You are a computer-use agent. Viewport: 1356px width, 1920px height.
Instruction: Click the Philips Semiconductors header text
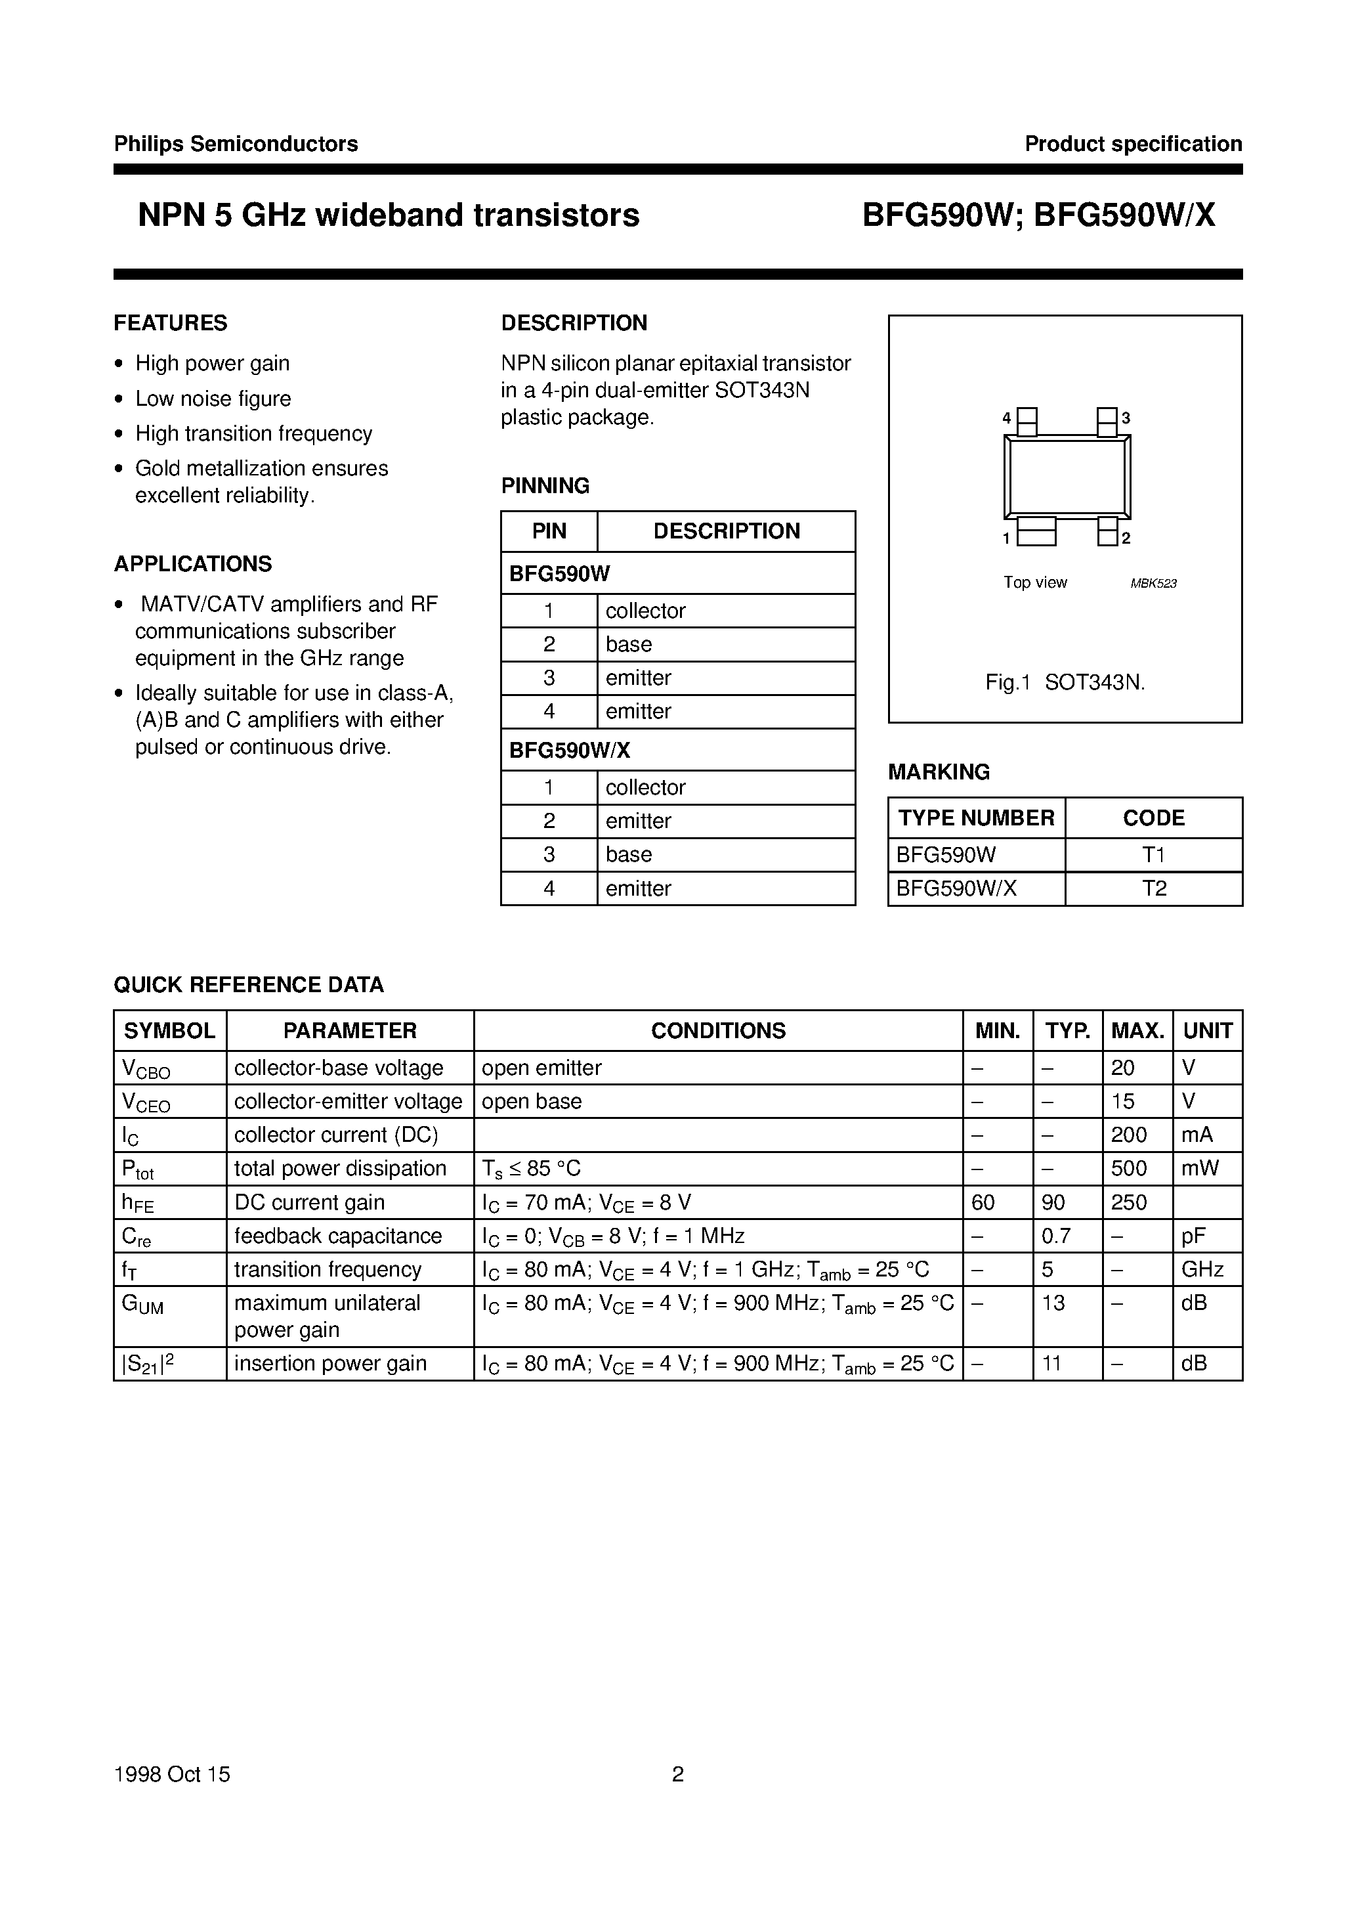[x=236, y=144]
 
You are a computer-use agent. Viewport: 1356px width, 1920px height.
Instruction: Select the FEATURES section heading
[x=171, y=323]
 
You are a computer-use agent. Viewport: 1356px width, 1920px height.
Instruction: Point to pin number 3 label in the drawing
[x=1126, y=418]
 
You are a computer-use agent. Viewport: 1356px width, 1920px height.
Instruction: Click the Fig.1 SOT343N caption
[x=1064, y=682]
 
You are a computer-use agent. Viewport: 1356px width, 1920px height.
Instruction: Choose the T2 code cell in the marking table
[x=1154, y=888]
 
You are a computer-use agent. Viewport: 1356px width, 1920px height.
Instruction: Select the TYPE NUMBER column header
[x=975, y=818]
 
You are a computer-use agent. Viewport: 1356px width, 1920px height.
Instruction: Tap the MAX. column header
[x=1137, y=1030]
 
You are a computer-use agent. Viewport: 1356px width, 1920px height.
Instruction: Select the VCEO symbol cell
[x=146, y=1102]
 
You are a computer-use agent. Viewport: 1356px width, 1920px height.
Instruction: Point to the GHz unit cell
[x=1202, y=1269]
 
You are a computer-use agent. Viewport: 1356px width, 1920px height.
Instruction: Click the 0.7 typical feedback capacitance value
[x=1056, y=1236]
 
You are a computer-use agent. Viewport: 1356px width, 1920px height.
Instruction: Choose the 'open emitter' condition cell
[x=541, y=1068]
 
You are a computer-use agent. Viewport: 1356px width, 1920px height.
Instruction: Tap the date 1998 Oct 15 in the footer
[x=172, y=1774]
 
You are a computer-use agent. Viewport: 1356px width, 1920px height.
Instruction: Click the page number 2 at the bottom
[x=678, y=1774]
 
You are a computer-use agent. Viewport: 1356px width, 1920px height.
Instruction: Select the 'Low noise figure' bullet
[x=213, y=398]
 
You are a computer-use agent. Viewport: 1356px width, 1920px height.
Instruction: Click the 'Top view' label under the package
[x=1035, y=582]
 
